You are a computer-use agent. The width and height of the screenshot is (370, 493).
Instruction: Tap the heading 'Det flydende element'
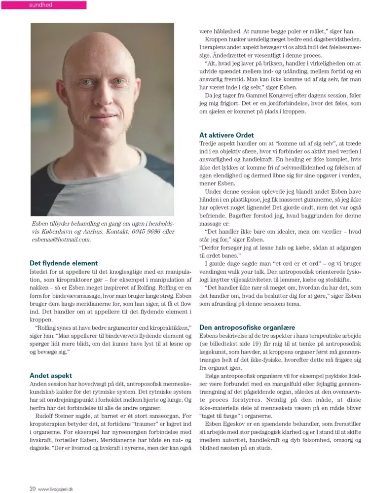coord(64,263)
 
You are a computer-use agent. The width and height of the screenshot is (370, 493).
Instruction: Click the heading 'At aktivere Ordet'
coord(226,135)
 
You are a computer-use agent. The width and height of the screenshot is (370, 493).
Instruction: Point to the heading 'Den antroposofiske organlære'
coord(254,327)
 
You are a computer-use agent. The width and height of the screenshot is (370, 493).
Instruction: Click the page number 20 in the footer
coord(32,489)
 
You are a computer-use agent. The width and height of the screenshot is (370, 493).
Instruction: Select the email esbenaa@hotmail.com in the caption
coord(61,240)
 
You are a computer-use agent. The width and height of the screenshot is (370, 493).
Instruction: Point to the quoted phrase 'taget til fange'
coord(222,416)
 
